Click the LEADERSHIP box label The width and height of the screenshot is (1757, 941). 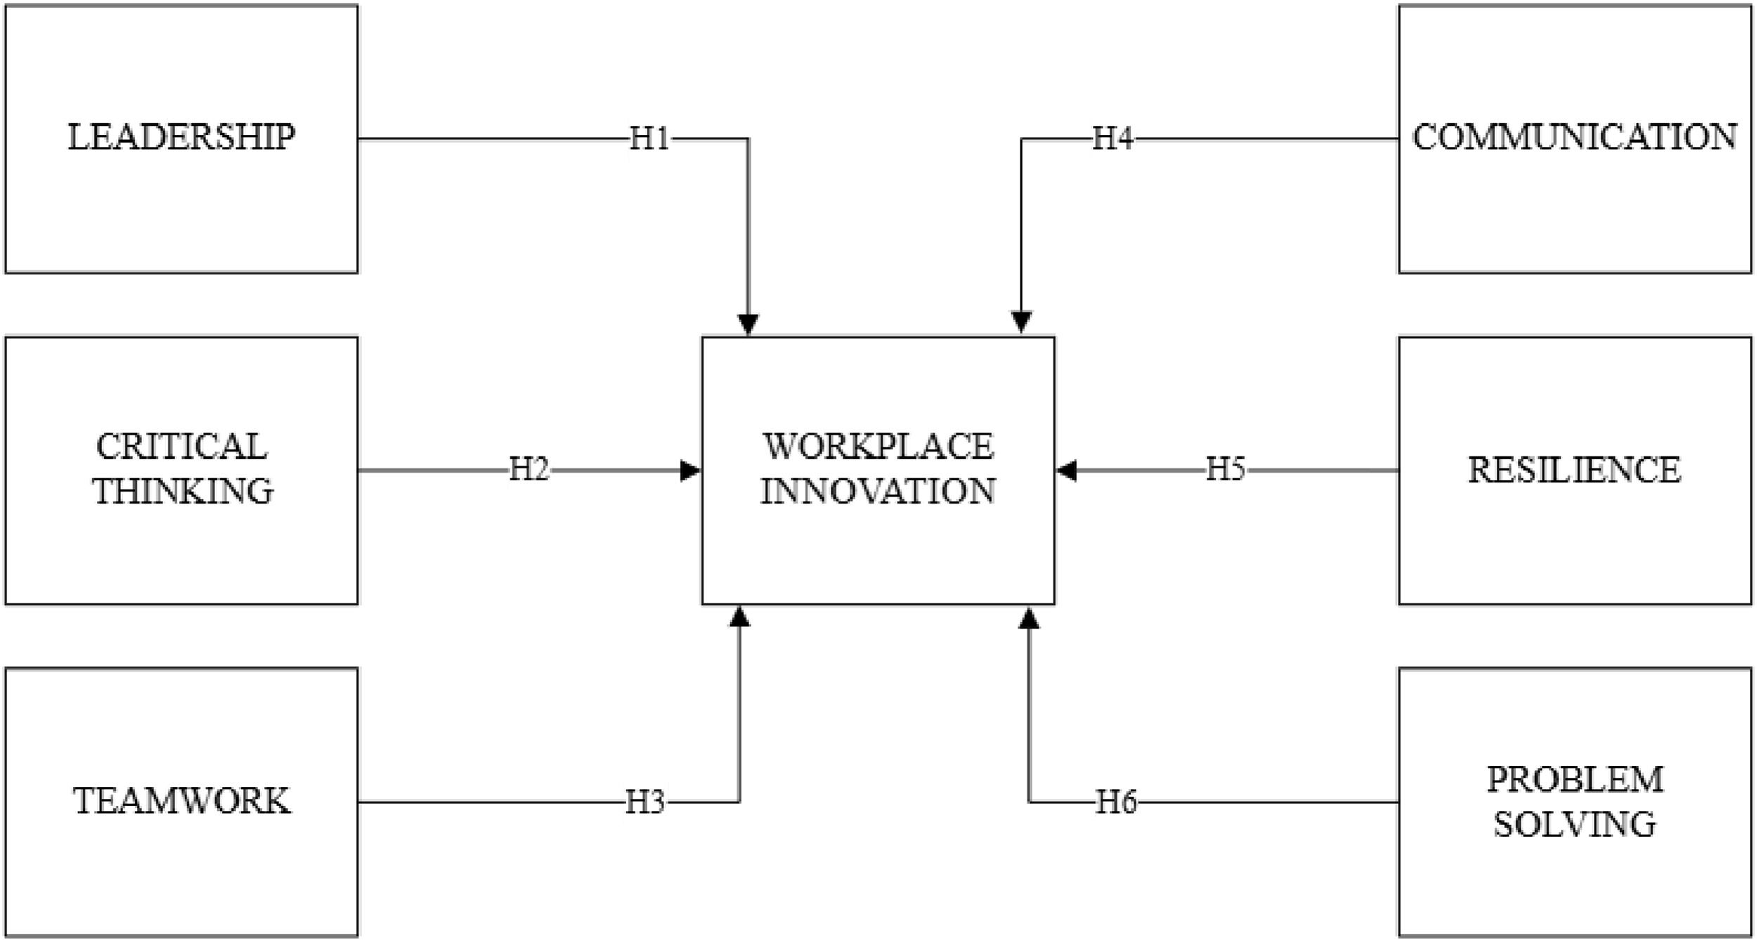[x=181, y=136]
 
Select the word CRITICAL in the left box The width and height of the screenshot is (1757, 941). [x=181, y=447]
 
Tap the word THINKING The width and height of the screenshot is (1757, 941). [x=183, y=491]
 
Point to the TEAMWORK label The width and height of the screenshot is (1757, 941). [x=181, y=801]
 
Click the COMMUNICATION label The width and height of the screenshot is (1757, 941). [x=1574, y=136]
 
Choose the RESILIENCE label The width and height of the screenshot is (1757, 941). [x=1574, y=470]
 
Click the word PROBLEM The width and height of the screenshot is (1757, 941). [x=1575, y=779]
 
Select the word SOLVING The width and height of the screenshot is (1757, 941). [x=1575, y=824]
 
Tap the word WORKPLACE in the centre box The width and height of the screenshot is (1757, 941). [x=878, y=447]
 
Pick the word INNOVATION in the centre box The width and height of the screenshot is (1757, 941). [x=878, y=491]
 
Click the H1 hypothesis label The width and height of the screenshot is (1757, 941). [x=649, y=139]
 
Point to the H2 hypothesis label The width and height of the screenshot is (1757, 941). [x=529, y=470]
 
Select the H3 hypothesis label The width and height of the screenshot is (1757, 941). [x=645, y=802]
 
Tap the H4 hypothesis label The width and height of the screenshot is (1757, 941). [x=1113, y=139]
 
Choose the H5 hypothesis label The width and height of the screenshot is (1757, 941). [x=1226, y=470]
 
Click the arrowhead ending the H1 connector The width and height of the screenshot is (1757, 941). [x=748, y=324]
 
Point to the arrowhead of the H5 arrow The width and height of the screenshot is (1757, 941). [x=1067, y=470]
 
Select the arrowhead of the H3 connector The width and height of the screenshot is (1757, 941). [x=739, y=616]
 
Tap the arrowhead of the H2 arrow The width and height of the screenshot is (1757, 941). [x=690, y=470]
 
